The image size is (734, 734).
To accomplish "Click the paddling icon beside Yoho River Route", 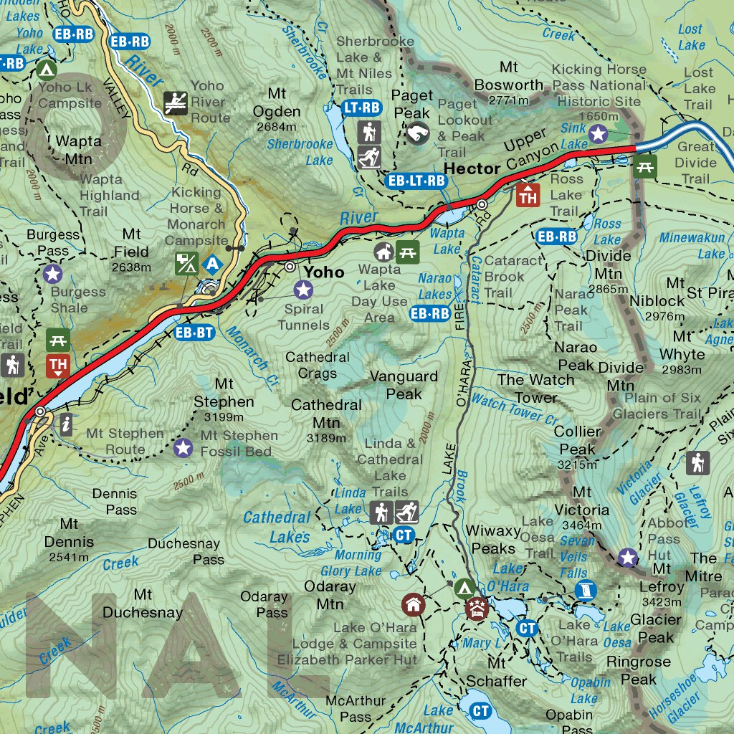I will (176, 103).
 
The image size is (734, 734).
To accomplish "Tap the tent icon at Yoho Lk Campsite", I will (47, 70).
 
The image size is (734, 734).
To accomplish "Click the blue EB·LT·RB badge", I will (416, 181).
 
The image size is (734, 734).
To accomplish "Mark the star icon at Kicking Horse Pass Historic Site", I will (598, 133).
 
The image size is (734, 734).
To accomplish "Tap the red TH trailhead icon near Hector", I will (528, 194).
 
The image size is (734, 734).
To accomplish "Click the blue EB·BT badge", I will (194, 332).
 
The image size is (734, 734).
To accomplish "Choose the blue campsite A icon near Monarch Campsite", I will (212, 264).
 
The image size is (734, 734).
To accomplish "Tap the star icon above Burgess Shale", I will (52, 273).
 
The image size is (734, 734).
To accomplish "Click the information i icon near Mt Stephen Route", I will (67, 424).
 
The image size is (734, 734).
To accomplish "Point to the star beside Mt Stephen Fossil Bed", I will (183, 448).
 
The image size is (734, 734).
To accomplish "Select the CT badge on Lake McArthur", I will (480, 710).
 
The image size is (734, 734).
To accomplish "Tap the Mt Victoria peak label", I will (581, 501).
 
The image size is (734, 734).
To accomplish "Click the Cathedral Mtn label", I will (326, 413).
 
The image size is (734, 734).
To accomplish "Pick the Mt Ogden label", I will (277, 103).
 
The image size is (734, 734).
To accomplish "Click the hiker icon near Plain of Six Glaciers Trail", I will (697, 462).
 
